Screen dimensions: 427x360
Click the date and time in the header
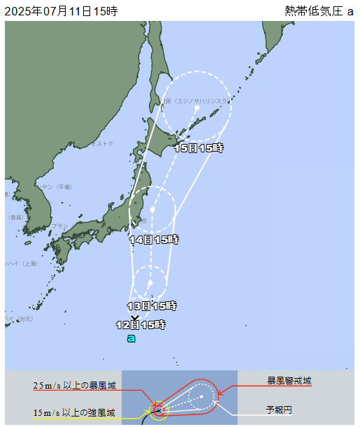pos(62,10)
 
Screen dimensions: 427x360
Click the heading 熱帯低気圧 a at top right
pos(319,10)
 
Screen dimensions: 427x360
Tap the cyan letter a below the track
pos(131,338)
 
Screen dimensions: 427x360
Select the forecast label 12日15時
pos(141,324)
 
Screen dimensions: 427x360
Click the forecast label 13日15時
pos(152,306)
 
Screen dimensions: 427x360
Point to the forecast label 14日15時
pos(154,240)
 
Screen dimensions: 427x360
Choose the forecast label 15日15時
pos(199,148)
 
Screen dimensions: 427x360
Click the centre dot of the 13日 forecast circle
pos(150,282)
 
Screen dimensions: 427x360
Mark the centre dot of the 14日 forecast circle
pos(152,209)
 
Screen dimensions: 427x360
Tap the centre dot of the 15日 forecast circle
pos(197,108)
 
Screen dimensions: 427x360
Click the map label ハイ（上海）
pos(21,263)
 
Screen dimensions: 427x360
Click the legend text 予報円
pos(278,410)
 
